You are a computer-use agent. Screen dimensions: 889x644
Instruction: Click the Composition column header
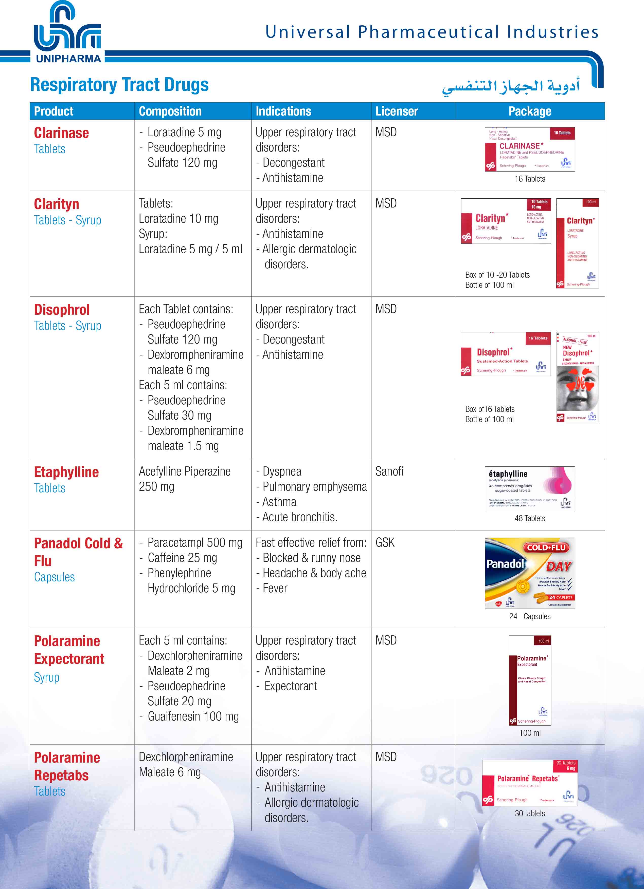pyautogui.click(x=170, y=111)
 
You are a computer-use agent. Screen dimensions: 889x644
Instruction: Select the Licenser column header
pyautogui.click(x=397, y=111)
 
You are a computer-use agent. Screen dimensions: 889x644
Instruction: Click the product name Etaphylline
pyautogui.click(x=66, y=472)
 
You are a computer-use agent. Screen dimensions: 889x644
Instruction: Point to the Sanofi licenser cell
pyautogui.click(x=389, y=471)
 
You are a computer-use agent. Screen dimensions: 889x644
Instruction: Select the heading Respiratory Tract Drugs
pyautogui.click(x=119, y=85)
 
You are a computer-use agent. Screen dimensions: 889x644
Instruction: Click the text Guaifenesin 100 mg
pyautogui.click(x=193, y=716)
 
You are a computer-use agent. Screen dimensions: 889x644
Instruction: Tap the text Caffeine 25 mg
pyautogui.click(x=182, y=558)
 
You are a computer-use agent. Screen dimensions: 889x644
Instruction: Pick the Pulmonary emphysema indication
pyautogui.click(x=315, y=486)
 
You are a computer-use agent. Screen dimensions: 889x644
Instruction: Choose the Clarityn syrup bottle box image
pyautogui.click(x=577, y=243)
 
